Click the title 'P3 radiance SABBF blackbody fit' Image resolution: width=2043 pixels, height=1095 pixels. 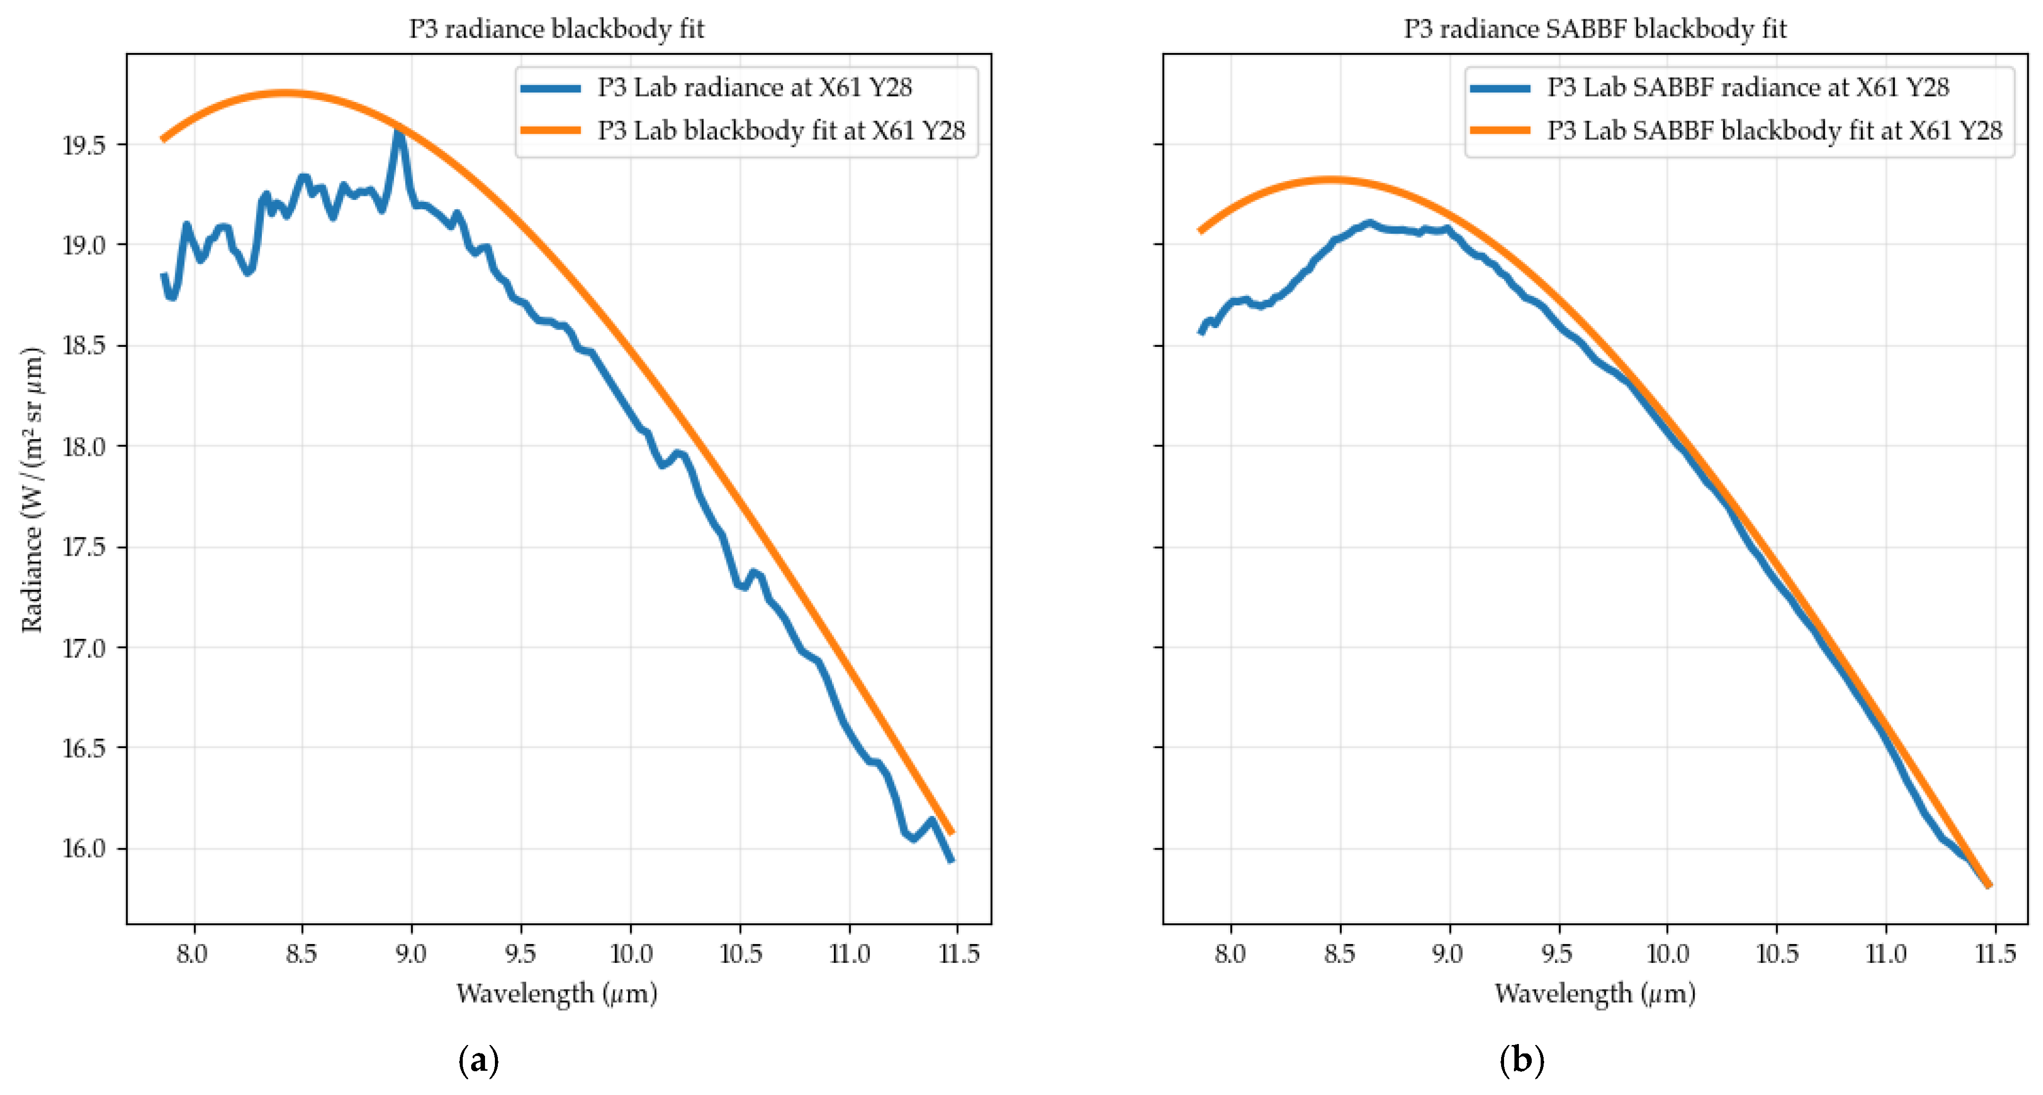tap(1595, 29)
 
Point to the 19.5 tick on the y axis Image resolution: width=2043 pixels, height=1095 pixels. tap(84, 145)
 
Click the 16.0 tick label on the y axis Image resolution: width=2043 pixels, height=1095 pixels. tap(84, 849)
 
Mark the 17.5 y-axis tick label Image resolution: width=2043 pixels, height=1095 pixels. tap(84, 548)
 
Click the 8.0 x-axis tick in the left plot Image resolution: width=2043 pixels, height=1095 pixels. tap(192, 953)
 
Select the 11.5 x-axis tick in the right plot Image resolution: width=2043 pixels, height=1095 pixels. tap(1994, 953)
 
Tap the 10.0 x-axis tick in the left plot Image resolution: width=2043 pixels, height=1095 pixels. tap(631, 953)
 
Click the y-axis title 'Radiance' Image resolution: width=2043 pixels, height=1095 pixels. tap(32, 489)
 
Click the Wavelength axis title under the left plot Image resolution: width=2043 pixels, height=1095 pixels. tap(557, 994)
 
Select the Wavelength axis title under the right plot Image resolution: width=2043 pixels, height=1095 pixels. tap(1595, 994)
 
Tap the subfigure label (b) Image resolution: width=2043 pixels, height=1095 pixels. tap(1521, 1060)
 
